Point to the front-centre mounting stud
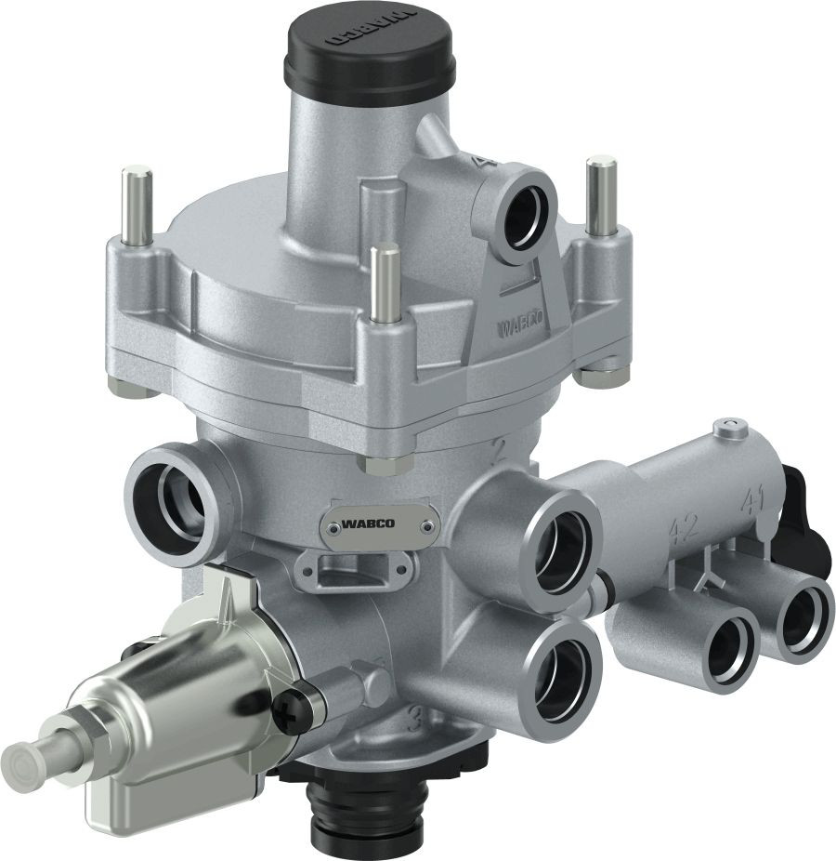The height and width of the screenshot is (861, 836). pos(381,283)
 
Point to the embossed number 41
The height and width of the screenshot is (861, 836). pos(751,505)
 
